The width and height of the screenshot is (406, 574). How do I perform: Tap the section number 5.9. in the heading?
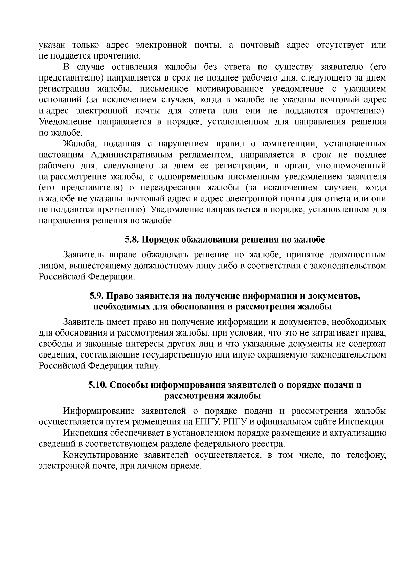click(x=97, y=296)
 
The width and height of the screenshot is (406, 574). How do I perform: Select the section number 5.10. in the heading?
click(x=98, y=385)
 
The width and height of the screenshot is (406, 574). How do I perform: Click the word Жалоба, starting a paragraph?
click(x=80, y=144)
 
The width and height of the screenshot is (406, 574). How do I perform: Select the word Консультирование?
click(x=100, y=455)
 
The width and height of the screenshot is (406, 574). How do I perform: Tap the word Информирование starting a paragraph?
click(x=97, y=411)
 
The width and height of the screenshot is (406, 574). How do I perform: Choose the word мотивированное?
click(x=230, y=89)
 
